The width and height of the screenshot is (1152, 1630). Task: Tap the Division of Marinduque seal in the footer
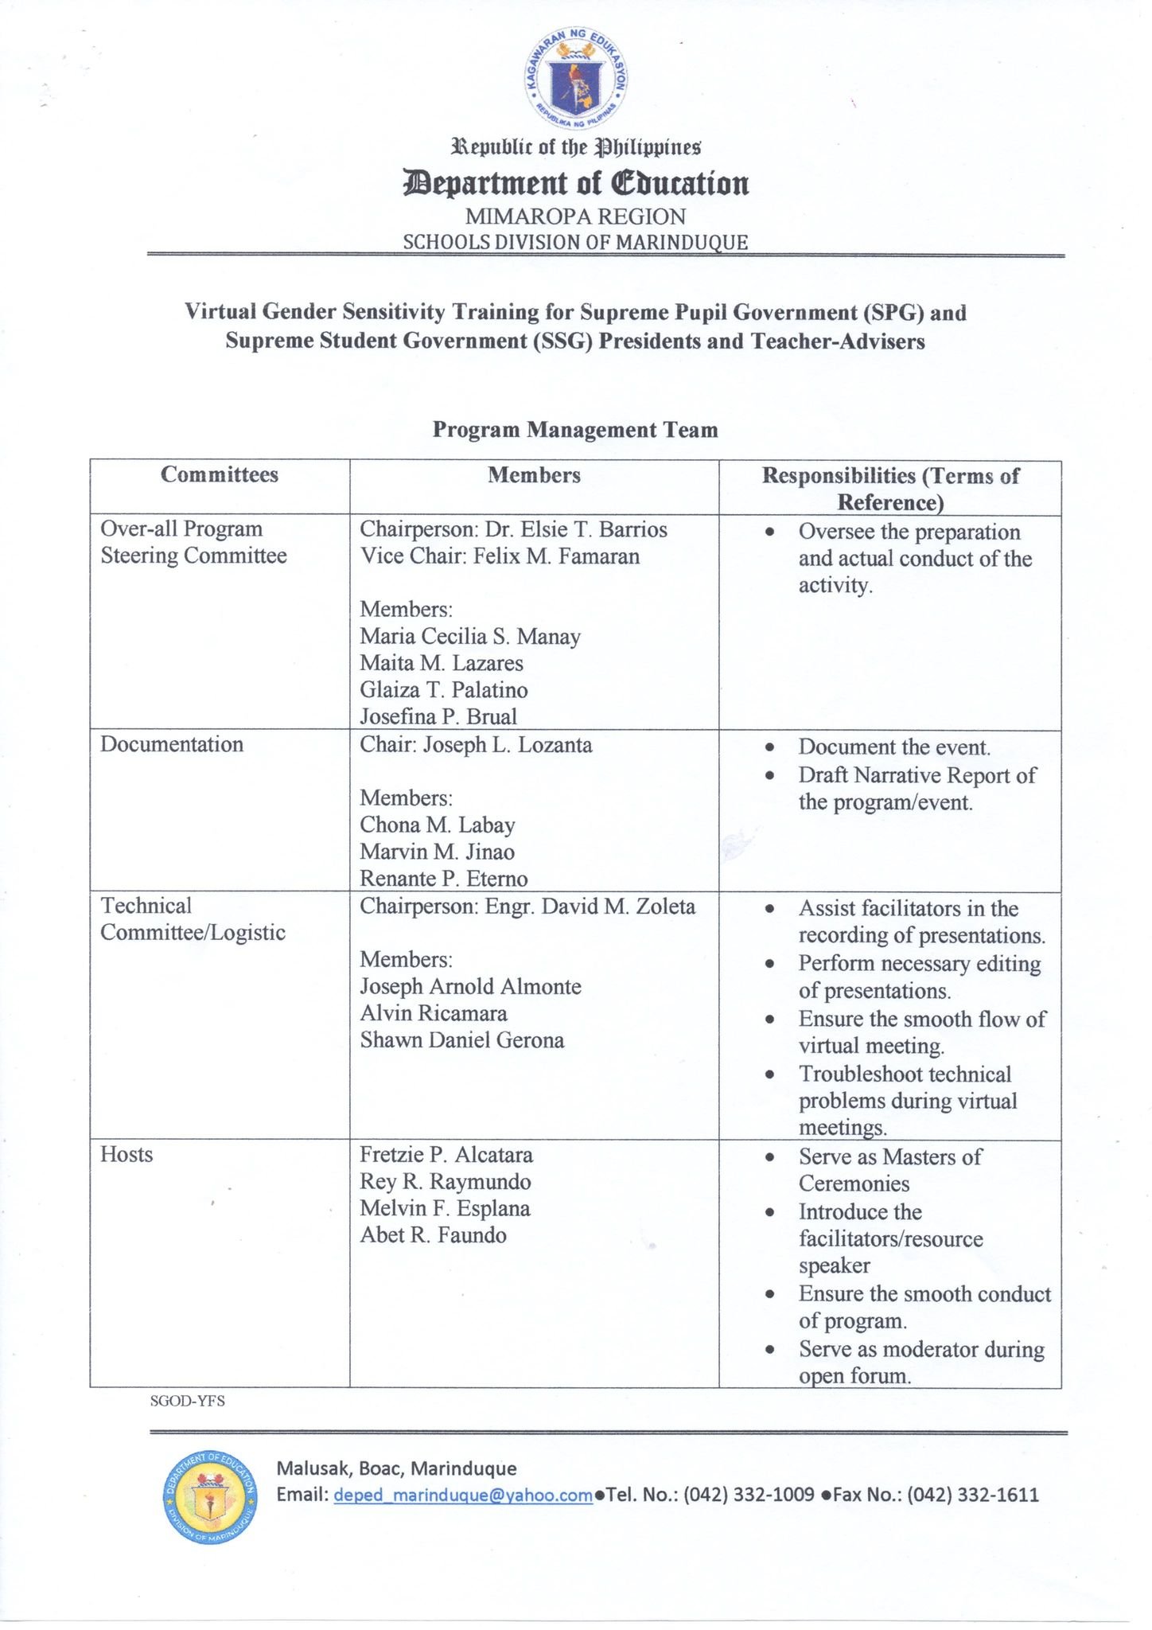pyautogui.click(x=209, y=1495)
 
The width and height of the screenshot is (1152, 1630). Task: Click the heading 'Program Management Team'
pyautogui.click(x=575, y=430)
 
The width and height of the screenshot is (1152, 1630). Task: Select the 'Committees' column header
pyautogui.click(x=220, y=475)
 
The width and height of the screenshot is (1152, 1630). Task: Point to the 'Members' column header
pyautogui.click(x=534, y=475)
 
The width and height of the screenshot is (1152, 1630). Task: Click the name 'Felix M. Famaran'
pyautogui.click(x=556, y=556)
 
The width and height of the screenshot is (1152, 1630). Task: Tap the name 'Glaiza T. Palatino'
pyautogui.click(x=444, y=690)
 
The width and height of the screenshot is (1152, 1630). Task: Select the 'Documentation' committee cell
pyautogui.click(x=172, y=745)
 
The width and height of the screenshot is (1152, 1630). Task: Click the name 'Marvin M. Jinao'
pyautogui.click(x=437, y=852)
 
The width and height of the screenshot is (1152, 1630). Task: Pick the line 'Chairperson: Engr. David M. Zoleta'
pyautogui.click(x=527, y=907)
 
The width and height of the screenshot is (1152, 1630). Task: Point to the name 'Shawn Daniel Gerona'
pyautogui.click(x=462, y=1040)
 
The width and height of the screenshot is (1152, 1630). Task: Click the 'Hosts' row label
pyautogui.click(x=126, y=1155)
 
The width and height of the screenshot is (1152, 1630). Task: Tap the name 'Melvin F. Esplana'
pyautogui.click(x=445, y=1208)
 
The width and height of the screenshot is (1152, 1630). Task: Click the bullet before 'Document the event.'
pyautogui.click(x=769, y=748)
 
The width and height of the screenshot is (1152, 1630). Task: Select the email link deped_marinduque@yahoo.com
pyautogui.click(x=463, y=1495)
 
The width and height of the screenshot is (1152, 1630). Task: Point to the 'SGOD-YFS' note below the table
pyautogui.click(x=188, y=1401)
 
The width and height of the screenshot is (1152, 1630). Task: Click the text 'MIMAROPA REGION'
pyautogui.click(x=575, y=216)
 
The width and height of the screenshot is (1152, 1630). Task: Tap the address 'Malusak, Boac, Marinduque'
pyautogui.click(x=396, y=1468)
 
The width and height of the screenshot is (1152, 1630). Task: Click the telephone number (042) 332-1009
pyautogui.click(x=749, y=1495)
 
